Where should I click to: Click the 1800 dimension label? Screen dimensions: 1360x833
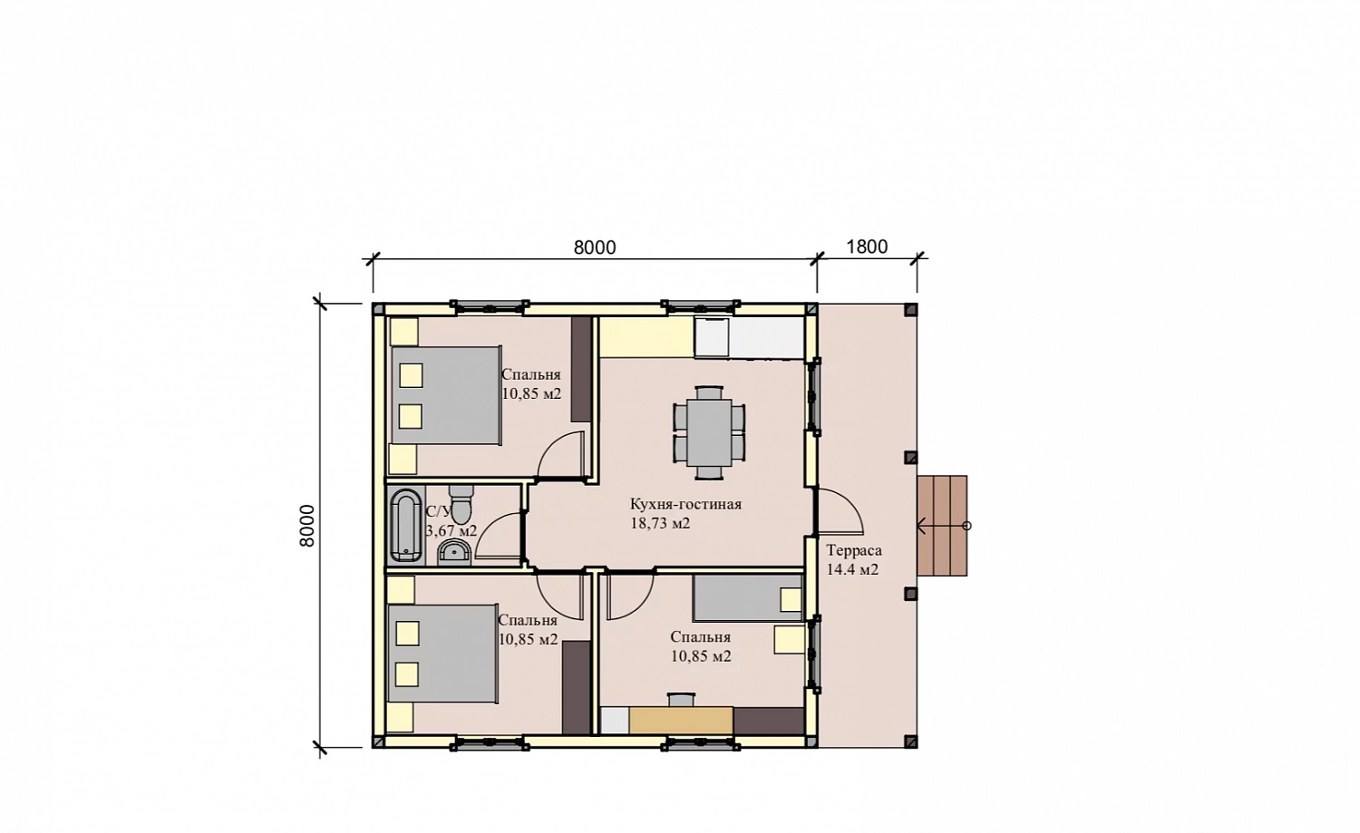click(867, 247)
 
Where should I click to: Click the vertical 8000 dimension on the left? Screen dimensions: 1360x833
click(307, 526)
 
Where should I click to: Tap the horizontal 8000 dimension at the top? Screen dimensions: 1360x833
click(595, 247)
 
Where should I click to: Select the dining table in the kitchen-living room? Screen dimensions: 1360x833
click(709, 432)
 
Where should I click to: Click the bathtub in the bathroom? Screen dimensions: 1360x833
click(405, 526)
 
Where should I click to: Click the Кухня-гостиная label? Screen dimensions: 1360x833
click(685, 504)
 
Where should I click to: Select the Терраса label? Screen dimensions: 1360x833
click(854, 551)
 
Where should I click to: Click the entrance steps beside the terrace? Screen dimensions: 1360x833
click(942, 525)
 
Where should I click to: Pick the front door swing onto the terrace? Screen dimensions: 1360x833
click(840, 511)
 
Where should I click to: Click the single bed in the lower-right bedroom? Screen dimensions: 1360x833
click(748, 598)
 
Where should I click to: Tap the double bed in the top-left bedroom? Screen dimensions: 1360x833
click(446, 396)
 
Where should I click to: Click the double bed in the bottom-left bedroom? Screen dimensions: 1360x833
click(443, 654)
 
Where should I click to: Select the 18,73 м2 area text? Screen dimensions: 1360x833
click(660, 523)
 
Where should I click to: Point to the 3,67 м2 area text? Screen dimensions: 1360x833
click(452, 530)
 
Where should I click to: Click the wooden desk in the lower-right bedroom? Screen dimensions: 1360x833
click(681, 720)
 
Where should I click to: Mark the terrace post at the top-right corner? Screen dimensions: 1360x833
click(910, 309)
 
